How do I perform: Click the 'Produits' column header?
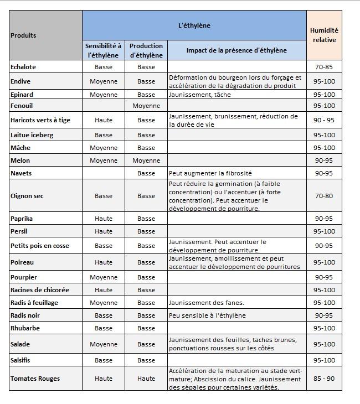click(x=23, y=35)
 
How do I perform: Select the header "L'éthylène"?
click(x=194, y=25)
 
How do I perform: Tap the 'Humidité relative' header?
click(x=324, y=35)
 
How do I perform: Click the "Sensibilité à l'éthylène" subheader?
click(x=104, y=50)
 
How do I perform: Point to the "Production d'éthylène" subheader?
click(x=146, y=50)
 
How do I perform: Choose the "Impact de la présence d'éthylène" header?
click(x=236, y=50)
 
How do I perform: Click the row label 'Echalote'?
click(x=23, y=67)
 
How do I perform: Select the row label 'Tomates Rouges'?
click(x=35, y=379)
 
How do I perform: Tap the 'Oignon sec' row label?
click(x=27, y=196)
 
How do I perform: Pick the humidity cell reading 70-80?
click(x=324, y=196)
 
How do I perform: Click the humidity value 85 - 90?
click(x=324, y=379)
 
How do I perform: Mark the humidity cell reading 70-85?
click(x=324, y=67)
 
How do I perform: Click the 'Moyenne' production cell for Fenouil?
click(x=146, y=106)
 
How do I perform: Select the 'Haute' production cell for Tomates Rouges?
click(x=146, y=379)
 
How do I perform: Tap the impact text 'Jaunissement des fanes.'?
click(x=206, y=303)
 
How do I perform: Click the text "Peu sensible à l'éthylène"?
click(x=207, y=315)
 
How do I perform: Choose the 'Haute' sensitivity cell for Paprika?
click(x=104, y=219)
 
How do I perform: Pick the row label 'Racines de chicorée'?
click(x=40, y=290)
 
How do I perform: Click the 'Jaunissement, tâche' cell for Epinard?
click(x=200, y=95)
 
